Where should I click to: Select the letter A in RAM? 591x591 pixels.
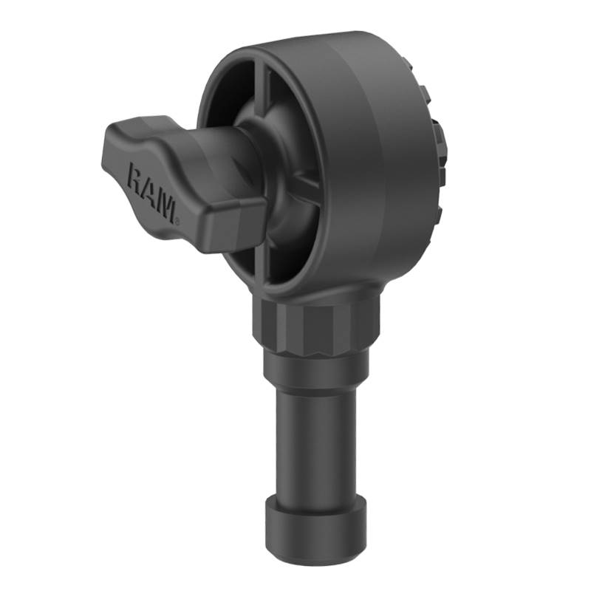click(151, 192)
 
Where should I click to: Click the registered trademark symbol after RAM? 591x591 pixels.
click(175, 219)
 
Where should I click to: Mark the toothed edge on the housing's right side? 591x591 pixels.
click(436, 155)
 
